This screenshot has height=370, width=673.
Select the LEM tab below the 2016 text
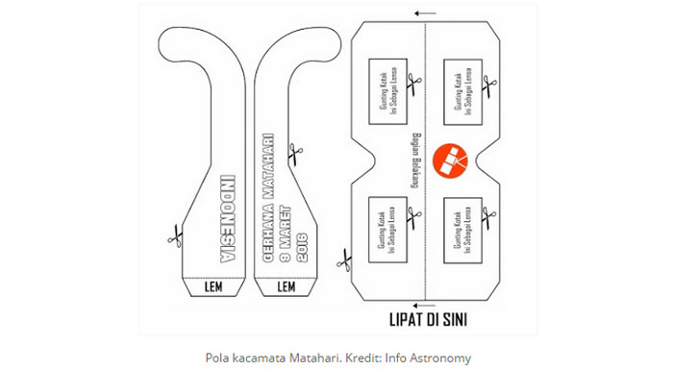286,285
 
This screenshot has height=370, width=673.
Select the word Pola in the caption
217,358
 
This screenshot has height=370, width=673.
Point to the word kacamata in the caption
259,358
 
